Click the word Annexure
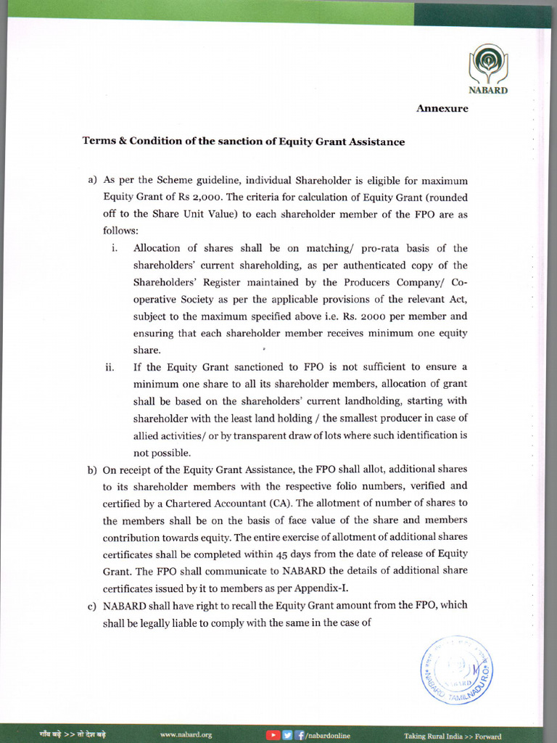click(x=442, y=109)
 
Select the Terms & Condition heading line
click(x=243, y=141)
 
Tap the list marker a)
click(x=92, y=180)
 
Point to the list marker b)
click(x=92, y=469)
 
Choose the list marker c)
click(x=92, y=605)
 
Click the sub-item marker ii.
click(x=110, y=367)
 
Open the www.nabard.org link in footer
click(x=186, y=735)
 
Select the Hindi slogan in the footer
click(x=73, y=734)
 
